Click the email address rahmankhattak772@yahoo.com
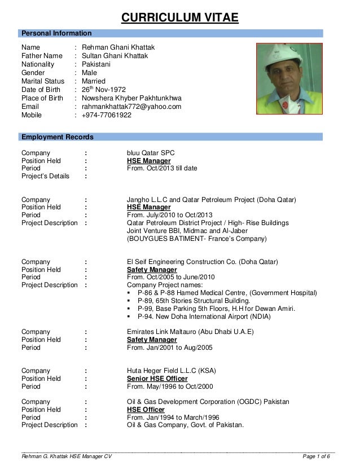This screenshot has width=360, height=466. click(x=131, y=105)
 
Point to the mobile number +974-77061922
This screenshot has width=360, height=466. click(x=107, y=115)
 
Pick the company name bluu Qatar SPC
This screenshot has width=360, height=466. click(x=152, y=152)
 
